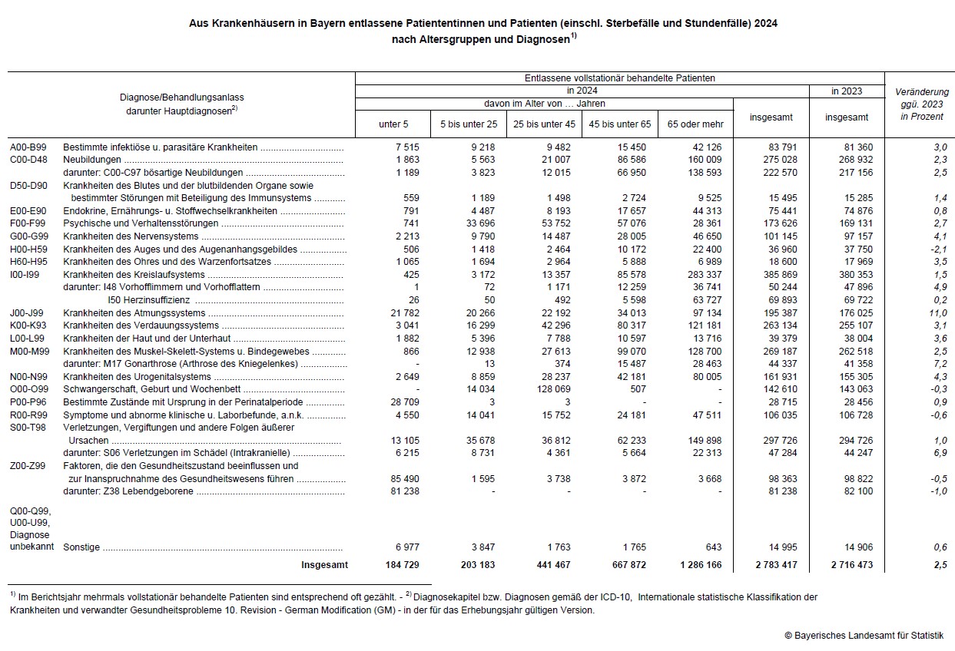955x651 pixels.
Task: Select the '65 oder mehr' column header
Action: [x=695, y=124]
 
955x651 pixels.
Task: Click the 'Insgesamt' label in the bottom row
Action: [x=324, y=565]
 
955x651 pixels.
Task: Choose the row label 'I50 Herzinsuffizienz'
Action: [x=151, y=300]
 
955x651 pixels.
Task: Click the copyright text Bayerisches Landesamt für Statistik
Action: [x=864, y=636]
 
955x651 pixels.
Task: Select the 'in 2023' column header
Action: [x=847, y=91]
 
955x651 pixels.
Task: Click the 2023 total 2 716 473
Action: [x=852, y=565]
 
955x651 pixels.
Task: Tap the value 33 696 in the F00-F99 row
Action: [x=478, y=223]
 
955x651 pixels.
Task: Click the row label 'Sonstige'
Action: [x=82, y=547]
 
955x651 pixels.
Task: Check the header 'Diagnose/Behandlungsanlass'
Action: [x=182, y=97]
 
